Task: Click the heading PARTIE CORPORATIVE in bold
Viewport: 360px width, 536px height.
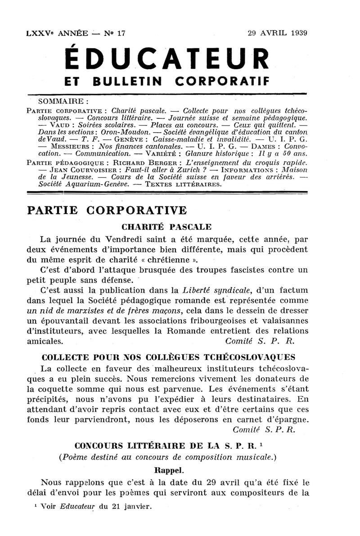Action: click(x=107, y=210)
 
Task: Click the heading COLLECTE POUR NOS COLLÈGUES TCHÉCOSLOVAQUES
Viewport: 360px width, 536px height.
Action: click(x=168, y=358)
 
